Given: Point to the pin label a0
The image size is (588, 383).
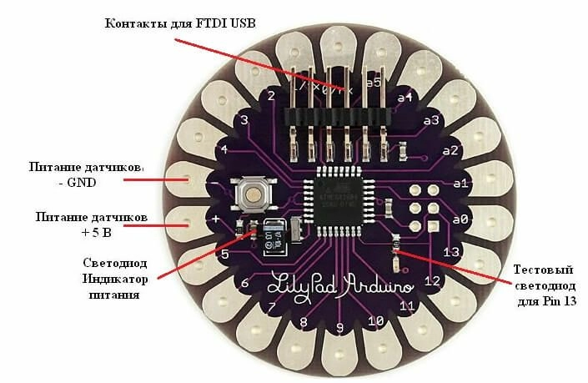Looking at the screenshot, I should [x=460, y=219].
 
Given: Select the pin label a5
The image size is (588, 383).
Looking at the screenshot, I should [x=373, y=83].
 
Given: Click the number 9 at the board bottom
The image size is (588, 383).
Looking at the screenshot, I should [x=340, y=326].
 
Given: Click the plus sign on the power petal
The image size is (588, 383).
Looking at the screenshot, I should [x=215, y=219].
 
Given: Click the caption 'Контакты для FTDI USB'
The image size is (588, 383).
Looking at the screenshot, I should [x=178, y=22].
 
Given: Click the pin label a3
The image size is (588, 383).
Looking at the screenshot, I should [x=431, y=121].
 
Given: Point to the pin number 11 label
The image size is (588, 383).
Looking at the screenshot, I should [x=408, y=306].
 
